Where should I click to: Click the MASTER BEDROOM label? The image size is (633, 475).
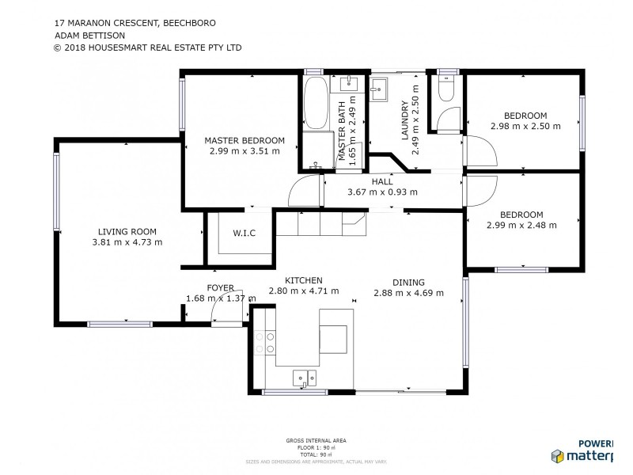[x=244, y=140]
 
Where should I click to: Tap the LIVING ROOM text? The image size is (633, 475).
[x=127, y=231]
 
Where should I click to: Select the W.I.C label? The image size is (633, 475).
[x=242, y=234]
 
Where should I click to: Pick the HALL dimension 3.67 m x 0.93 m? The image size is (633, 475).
[x=382, y=192]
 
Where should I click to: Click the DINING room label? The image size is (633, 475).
[x=408, y=282]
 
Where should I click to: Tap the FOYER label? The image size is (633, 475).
[x=220, y=288]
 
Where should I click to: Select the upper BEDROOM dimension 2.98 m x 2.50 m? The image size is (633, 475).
[x=525, y=126]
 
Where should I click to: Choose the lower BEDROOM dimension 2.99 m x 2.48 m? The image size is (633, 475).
[x=521, y=225]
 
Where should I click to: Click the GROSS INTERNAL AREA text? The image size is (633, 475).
[x=316, y=439]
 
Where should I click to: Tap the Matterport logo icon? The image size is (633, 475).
[x=557, y=456]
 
